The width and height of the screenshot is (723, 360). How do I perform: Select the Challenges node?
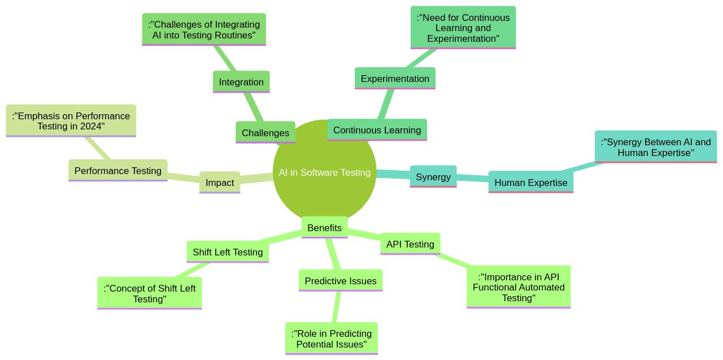point(265,133)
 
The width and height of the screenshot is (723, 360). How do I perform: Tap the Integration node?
point(241,82)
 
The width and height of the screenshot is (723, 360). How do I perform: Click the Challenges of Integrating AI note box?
point(204,29)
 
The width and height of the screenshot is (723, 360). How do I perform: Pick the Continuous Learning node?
point(377,130)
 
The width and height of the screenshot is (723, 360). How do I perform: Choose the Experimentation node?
point(395,79)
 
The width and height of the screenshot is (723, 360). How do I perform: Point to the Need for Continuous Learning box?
point(463,28)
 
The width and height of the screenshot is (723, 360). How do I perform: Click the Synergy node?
point(433,176)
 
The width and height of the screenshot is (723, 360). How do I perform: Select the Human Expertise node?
point(530,182)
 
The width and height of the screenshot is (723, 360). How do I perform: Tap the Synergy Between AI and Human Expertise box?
point(655,147)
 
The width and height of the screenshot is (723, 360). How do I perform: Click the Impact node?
point(220,183)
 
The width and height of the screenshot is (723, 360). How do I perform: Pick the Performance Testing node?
point(117,170)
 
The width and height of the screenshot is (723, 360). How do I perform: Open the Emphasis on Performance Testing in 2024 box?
point(71,120)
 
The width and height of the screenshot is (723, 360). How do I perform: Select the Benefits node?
point(324,228)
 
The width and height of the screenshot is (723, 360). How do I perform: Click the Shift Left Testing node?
point(228,252)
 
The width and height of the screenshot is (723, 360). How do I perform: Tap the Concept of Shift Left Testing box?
point(149,293)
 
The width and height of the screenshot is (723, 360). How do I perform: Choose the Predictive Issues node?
point(340,281)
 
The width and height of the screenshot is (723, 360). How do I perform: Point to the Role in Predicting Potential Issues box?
point(331,338)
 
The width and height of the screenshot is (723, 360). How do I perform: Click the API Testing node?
point(410,244)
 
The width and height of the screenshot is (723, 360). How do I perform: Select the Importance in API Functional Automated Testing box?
point(519,287)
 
